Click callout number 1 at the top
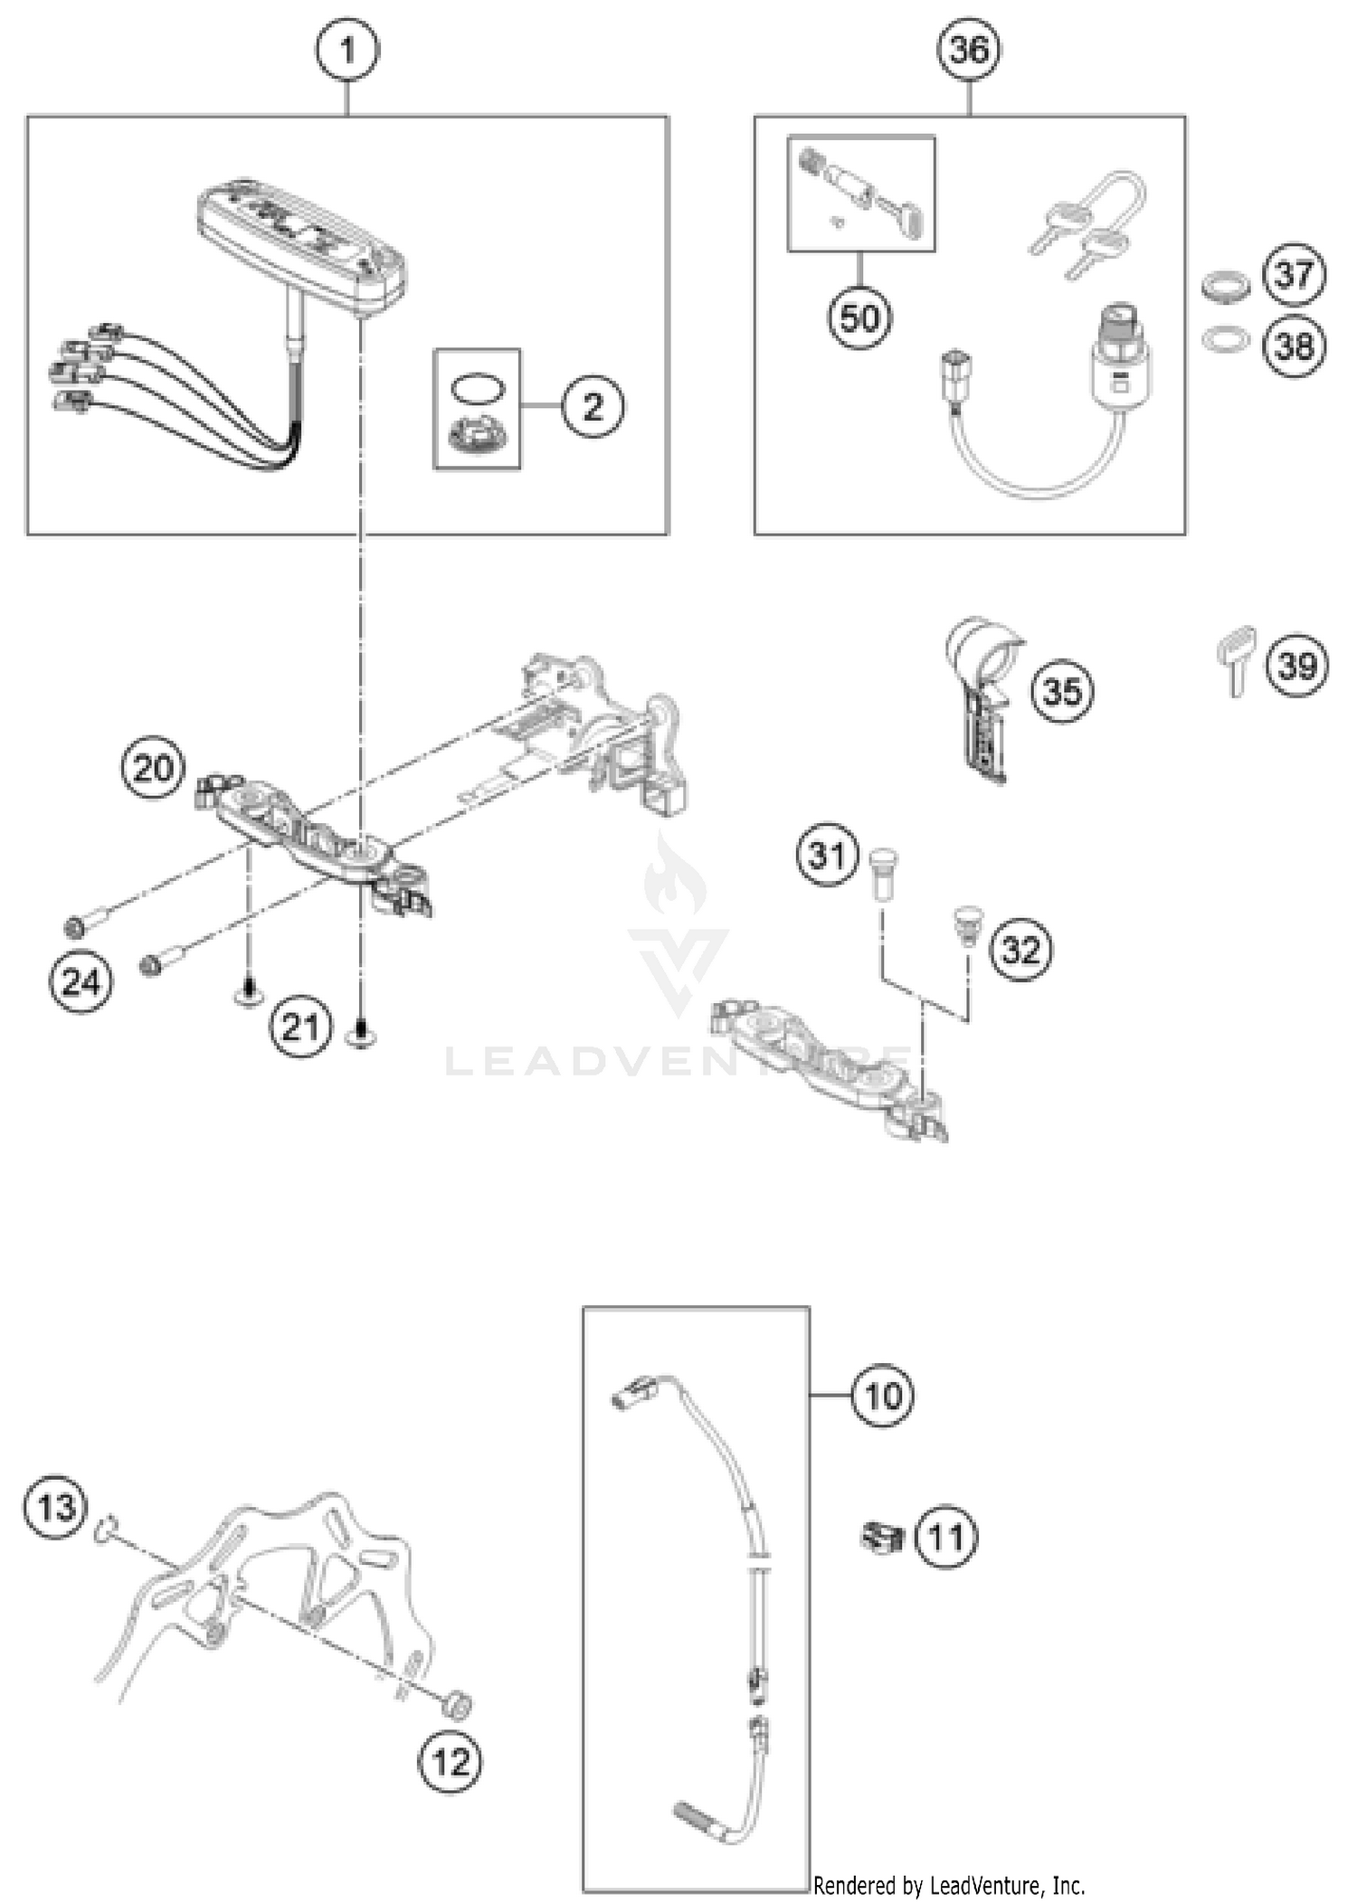347,50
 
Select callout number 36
969,50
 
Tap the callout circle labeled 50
859,318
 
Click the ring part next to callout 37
1226,287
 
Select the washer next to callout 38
1226,340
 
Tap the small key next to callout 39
1237,658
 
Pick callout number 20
153,768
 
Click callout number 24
81,981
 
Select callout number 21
300,1028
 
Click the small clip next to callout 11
882,1537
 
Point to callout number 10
882,1396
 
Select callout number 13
56,1508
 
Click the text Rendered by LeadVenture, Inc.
948,1885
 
